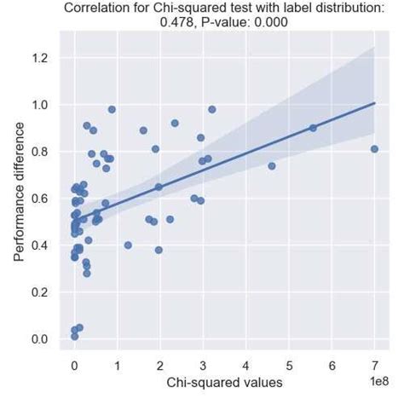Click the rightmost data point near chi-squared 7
(374, 149)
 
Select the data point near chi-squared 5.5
(313, 128)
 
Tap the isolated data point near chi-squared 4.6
(272, 166)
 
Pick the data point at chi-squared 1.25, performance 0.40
(128, 245)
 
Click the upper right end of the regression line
(375, 103)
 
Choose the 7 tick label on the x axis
(375, 366)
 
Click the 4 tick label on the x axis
(246, 366)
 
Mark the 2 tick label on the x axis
(160, 366)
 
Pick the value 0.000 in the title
(263, 24)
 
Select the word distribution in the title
(343, 9)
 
